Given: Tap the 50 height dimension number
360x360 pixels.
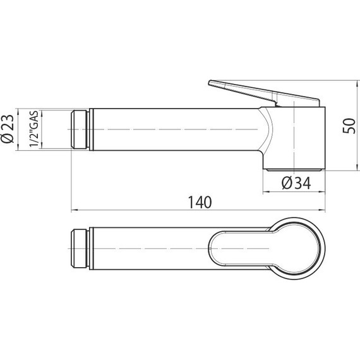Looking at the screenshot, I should tap(346, 125).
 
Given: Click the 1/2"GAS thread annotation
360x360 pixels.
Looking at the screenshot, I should tap(36, 129).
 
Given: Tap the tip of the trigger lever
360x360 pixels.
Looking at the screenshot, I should tap(211, 82).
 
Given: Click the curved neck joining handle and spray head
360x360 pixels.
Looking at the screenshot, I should tap(265, 133).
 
